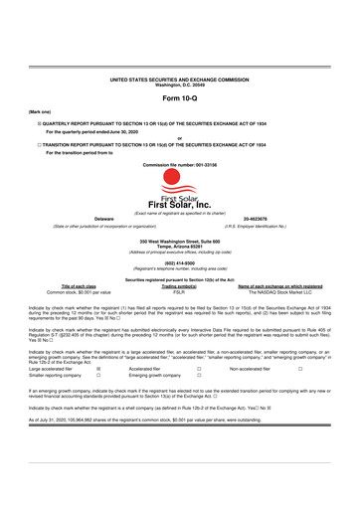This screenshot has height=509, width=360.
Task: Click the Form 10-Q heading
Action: click(180, 101)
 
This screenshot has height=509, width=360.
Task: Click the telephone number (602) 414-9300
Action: click(180, 263)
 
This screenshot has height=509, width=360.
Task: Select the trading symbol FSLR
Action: click(180, 292)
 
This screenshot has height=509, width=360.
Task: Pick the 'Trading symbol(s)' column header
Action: click(180, 286)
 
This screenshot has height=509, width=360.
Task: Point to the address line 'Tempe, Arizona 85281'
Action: click(180, 246)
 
